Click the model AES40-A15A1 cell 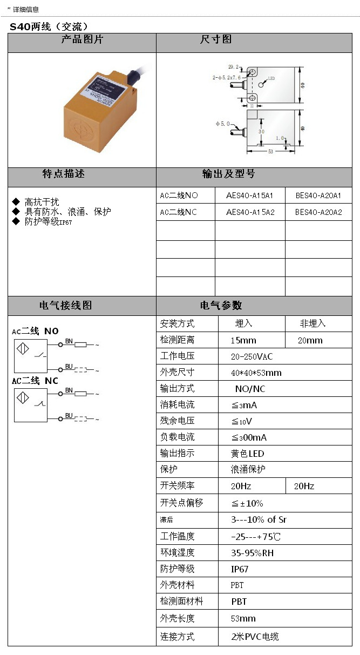click(x=249, y=195)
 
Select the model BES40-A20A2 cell click(x=318, y=212)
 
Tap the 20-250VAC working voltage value click(x=252, y=356)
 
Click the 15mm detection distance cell click(x=243, y=340)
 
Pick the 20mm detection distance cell click(x=310, y=340)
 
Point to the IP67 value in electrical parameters click(x=240, y=569)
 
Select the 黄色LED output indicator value click(x=248, y=454)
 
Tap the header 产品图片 click(x=81, y=40)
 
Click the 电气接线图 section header click(x=66, y=306)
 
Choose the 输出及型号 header click(x=228, y=174)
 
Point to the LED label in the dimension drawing click(x=271, y=78)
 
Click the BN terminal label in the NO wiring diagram click(x=69, y=341)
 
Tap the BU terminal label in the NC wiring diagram click(x=69, y=416)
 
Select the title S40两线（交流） click(x=49, y=26)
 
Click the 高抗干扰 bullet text click(x=42, y=202)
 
